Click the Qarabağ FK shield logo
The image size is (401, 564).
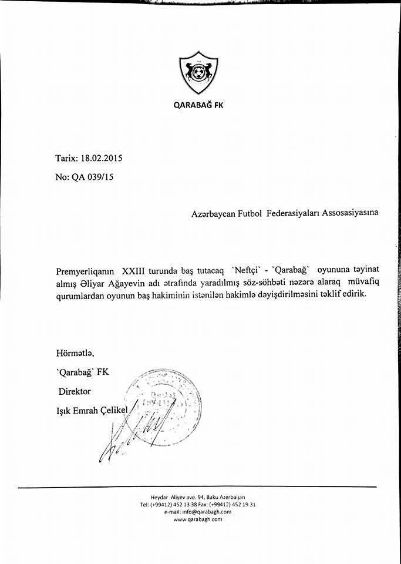[198, 73]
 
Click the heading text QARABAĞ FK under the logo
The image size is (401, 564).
[198, 106]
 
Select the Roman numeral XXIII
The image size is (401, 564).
[136, 272]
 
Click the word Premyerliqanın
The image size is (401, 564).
[86, 272]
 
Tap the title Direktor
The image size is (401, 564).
[75, 391]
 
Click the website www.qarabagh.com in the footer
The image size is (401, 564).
[197, 519]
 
